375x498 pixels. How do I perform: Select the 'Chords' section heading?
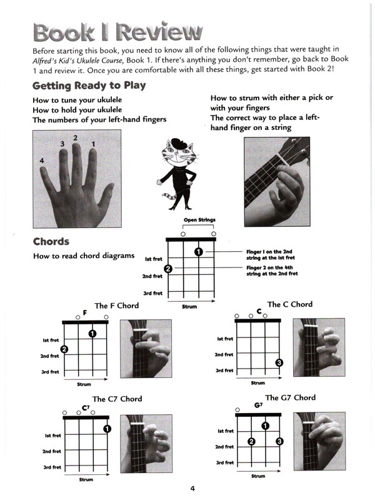click(51, 241)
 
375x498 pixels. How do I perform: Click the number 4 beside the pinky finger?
click(41, 161)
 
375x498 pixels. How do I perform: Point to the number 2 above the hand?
click(76, 137)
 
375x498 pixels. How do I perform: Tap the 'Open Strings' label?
click(198, 220)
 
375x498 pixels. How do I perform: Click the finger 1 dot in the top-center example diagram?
click(198, 252)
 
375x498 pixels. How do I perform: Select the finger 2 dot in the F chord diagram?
click(64, 349)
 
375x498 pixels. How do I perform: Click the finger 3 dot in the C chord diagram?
click(279, 363)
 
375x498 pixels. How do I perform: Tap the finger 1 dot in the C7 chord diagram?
click(107, 428)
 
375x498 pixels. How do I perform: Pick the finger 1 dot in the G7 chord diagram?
click(265, 426)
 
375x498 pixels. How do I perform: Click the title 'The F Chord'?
click(116, 306)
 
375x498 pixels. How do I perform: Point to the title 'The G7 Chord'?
click(290, 397)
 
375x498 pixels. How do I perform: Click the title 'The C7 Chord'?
click(117, 399)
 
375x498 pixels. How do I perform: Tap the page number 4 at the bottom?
click(192, 489)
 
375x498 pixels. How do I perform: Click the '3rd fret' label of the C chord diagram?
click(224, 371)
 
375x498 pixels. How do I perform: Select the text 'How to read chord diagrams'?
click(84, 256)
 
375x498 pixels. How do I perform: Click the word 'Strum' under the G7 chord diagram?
click(257, 476)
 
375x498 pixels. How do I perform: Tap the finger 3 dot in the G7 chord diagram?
click(279, 441)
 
